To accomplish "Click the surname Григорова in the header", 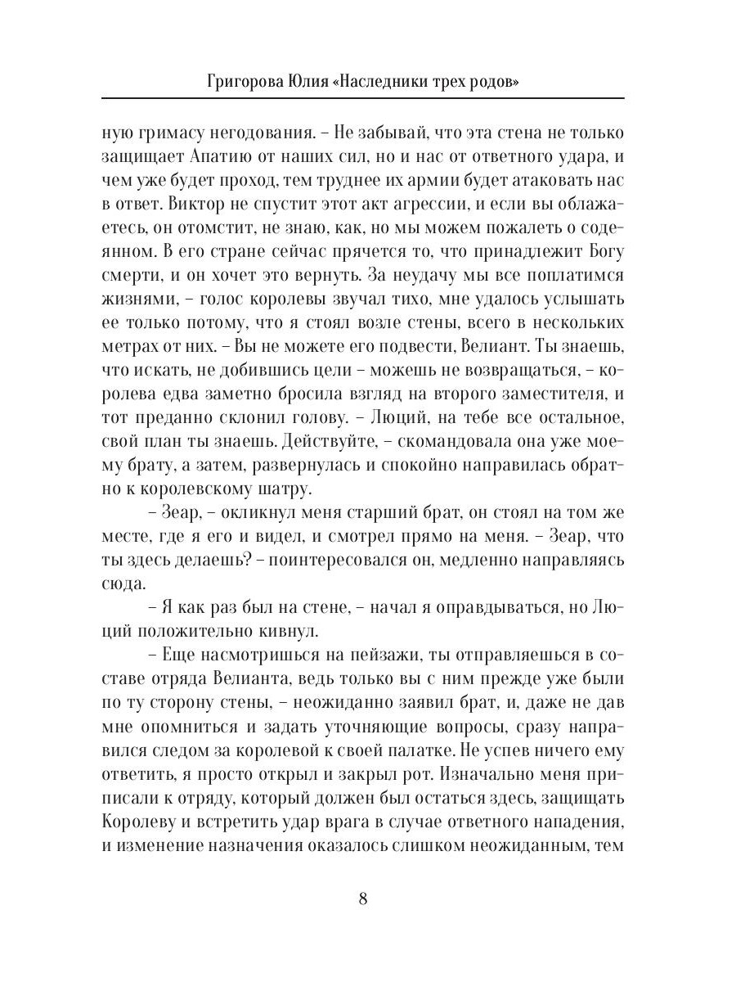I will (x=245, y=82).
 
